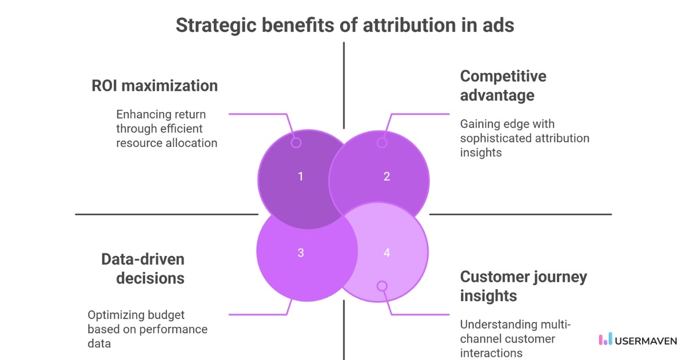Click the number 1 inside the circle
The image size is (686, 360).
coord(301,177)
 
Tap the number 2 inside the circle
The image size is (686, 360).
coord(386,177)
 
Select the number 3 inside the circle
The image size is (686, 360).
coord(301,253)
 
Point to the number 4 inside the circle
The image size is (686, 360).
coord(386,253)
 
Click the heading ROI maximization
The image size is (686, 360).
coord(154,86)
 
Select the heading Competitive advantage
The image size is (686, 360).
coord(503,85)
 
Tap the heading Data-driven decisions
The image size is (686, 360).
coord(143,269)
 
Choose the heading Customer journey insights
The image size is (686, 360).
coord(524,286)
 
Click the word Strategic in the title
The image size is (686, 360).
coord(212,26)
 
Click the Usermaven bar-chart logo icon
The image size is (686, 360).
coord(605,339)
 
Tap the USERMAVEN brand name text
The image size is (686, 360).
coord(646,340)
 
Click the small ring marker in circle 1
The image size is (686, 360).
coord(296,143)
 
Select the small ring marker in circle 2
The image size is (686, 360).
coord(382,143)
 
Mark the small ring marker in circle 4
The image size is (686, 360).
coord(382,286)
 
